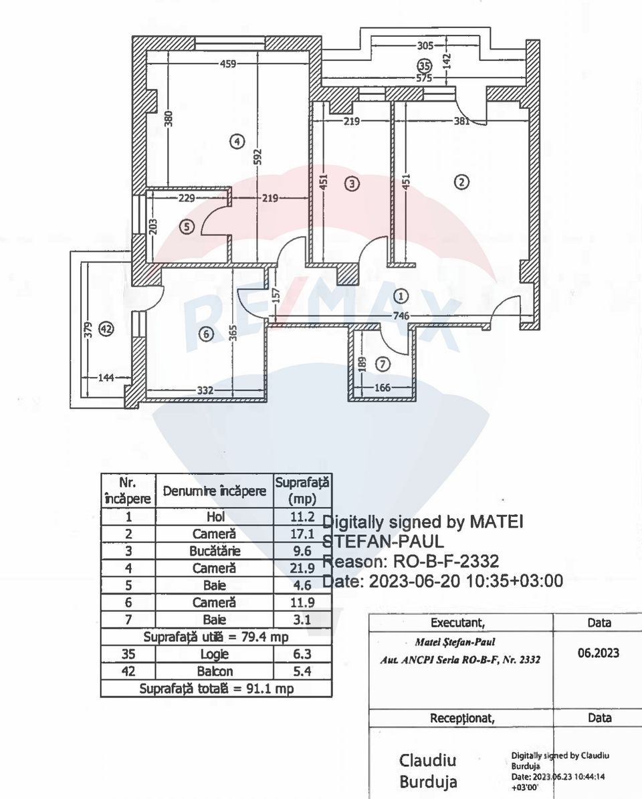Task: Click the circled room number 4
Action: click(237, 141)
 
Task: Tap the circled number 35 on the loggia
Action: click(424, 66)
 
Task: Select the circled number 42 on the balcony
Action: click(106, 328)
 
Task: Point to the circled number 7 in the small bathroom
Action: click(382, 364)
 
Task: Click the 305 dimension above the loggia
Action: click(425, 46)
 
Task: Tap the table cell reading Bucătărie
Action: click(215, 552)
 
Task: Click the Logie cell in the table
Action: click(215, 654)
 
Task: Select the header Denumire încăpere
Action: click(215, 491)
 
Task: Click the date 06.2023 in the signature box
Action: click(599, 653)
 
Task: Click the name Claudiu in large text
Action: click(427, 760)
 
